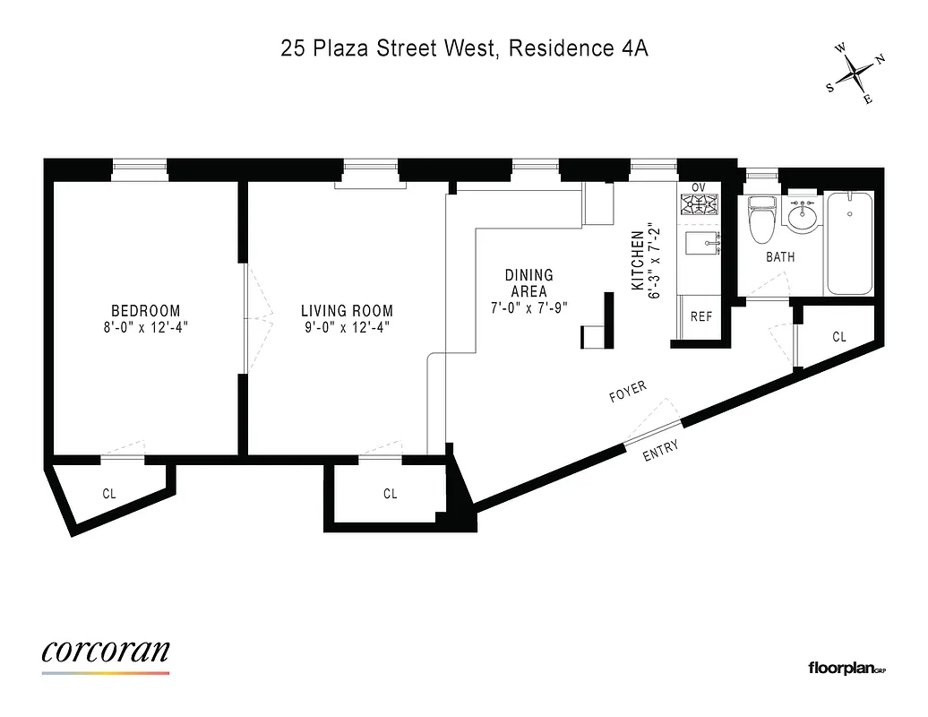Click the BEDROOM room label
pyautogui.click(x=146, y=311)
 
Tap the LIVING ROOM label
pyautogui.click(x=347, y=311)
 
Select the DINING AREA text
pyautogui.click(x=528, y=283)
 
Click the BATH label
pyautogui.click(x=779, y=257)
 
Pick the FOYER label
pyautogui.click(x=627, y=392)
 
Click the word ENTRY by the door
pyautogui.click(x=661, y=451)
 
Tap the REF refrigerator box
pyautogui.click(x=700, y=316)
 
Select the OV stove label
pyautogui.click(x=699, y=187)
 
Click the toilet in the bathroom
pyautogui.click(x=762, y=221)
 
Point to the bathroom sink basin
pyautogui.click(x=801, y=215)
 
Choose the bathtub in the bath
pyautogui.click(x=850, y=243)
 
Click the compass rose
pyautogui.click(x=855, y=74)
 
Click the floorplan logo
pyautogui.click(x=846, y=667)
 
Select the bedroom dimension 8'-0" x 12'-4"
pyautogui.click(x=146, y=328)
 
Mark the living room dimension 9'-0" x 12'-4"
pyautogui.click(x=347, y=328)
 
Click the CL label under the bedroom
pyautogui.click(x=109, y=493)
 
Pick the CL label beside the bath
pyautogui.click(x=839, y=337)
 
